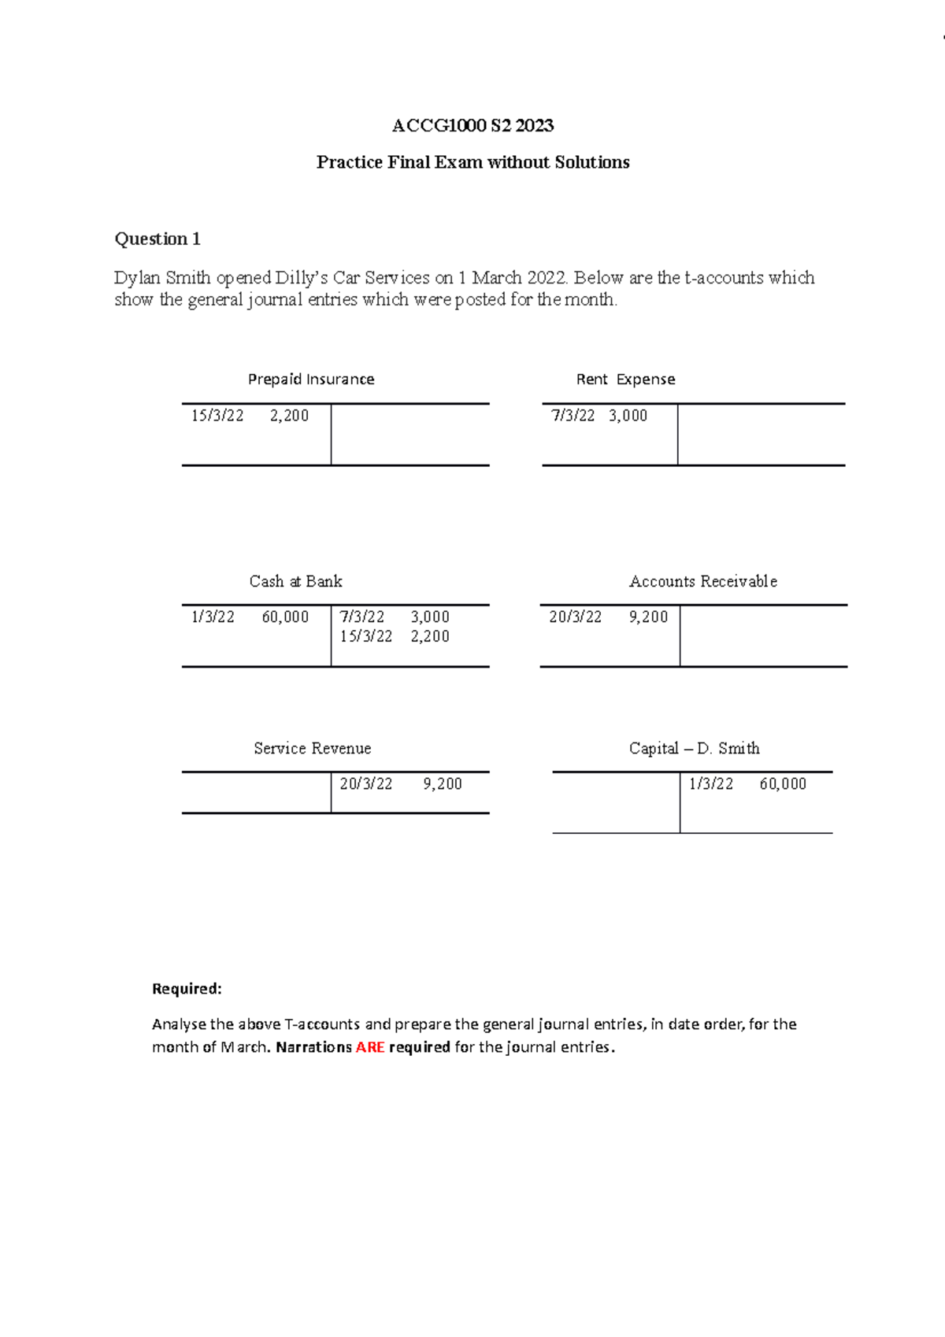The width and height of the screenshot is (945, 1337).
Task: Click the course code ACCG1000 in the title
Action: point(439,126)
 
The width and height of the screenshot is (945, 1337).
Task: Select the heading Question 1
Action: point(157,239)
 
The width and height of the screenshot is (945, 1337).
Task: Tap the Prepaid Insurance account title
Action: point(311,380)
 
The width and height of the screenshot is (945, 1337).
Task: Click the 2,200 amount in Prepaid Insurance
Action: point(289,416)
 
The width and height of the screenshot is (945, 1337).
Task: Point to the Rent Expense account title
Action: point(625,380)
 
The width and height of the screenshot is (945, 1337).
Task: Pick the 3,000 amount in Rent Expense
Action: point(628,416)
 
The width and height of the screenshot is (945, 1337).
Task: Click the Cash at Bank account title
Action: point(295,582)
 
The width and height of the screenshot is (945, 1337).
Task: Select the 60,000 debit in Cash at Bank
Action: point(285,617)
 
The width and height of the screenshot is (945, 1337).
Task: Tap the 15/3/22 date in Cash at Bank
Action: point(366,636)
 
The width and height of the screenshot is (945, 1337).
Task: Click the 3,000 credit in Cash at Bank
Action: point(430,617)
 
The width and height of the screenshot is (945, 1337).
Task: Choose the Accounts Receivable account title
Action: point(702,582)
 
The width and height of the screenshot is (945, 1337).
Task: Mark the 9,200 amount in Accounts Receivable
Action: point(648,617)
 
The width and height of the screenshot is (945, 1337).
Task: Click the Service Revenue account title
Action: point(312,749)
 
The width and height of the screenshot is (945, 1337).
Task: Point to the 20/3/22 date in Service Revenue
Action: point(366,784)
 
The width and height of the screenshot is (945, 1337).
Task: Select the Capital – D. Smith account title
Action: point(694,749)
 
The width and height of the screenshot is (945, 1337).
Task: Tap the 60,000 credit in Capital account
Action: point(783,784)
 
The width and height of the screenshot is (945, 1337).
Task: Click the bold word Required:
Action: point(187,989)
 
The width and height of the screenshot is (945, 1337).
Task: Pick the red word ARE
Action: point(369,1047)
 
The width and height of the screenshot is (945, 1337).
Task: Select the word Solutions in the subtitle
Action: point(591,163)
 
